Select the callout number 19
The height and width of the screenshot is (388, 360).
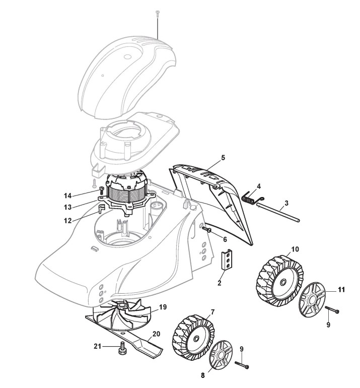pos(163,307)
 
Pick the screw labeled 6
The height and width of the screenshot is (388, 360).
pos(206,229)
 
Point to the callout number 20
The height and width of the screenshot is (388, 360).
pos(156,334)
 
